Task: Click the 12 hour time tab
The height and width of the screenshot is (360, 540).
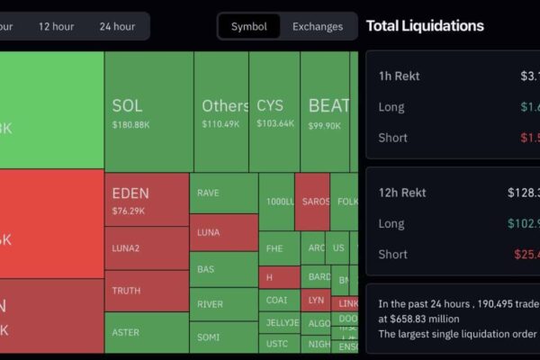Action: (56, 26)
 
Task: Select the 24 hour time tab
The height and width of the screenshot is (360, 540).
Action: (117, 26)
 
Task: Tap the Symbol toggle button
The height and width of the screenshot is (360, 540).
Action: (249, 26)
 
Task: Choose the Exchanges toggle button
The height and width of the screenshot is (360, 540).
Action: (318, 26)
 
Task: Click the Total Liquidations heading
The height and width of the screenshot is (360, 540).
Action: (425, 26)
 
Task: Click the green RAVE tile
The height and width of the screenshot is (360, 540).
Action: (223, 193)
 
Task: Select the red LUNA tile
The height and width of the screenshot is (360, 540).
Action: (223, 232)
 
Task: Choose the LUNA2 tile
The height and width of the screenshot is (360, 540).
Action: (146, 248)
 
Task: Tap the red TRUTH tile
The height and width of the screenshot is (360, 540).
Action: (146, 291)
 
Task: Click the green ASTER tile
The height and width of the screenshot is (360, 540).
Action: (146, 332)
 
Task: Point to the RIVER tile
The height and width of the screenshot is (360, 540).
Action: (223, 304)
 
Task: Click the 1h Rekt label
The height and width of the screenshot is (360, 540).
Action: (400, 76)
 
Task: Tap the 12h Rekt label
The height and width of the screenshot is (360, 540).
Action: (402, 193)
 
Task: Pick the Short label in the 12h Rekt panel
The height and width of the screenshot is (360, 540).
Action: (392, 254)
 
